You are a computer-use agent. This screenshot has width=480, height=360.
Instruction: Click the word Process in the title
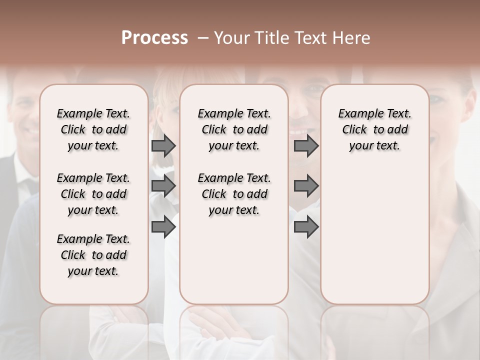(x=154, y=38)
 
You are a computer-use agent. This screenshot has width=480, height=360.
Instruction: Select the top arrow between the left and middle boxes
(x=163, y=146)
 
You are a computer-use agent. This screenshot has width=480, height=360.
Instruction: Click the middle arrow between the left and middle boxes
(x=163, y=186)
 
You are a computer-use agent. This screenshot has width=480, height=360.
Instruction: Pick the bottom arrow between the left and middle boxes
(x=163, y=226)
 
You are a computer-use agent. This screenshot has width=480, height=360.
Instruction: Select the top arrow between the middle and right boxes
(x=306, y=146)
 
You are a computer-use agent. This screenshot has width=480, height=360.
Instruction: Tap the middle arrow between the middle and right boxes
(x=306, y=186)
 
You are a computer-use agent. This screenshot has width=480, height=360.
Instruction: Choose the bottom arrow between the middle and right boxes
(x=306, y=226)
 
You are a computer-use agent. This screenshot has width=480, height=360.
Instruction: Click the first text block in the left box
(x=93, y=129)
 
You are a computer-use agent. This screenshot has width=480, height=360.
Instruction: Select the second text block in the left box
(x=93, y=194)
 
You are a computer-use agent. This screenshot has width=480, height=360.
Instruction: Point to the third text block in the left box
(x=93, y=255)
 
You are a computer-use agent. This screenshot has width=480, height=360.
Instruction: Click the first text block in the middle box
(x=234, y=129)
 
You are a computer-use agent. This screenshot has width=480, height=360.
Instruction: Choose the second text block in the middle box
(x=234, y=194)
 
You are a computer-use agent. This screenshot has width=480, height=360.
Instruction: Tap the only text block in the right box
(x=375, y=129)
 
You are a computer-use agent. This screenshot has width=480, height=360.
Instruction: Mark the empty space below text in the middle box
(x=234, y=260)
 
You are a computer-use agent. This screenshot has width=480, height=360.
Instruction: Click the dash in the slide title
(x=202, y=38)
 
